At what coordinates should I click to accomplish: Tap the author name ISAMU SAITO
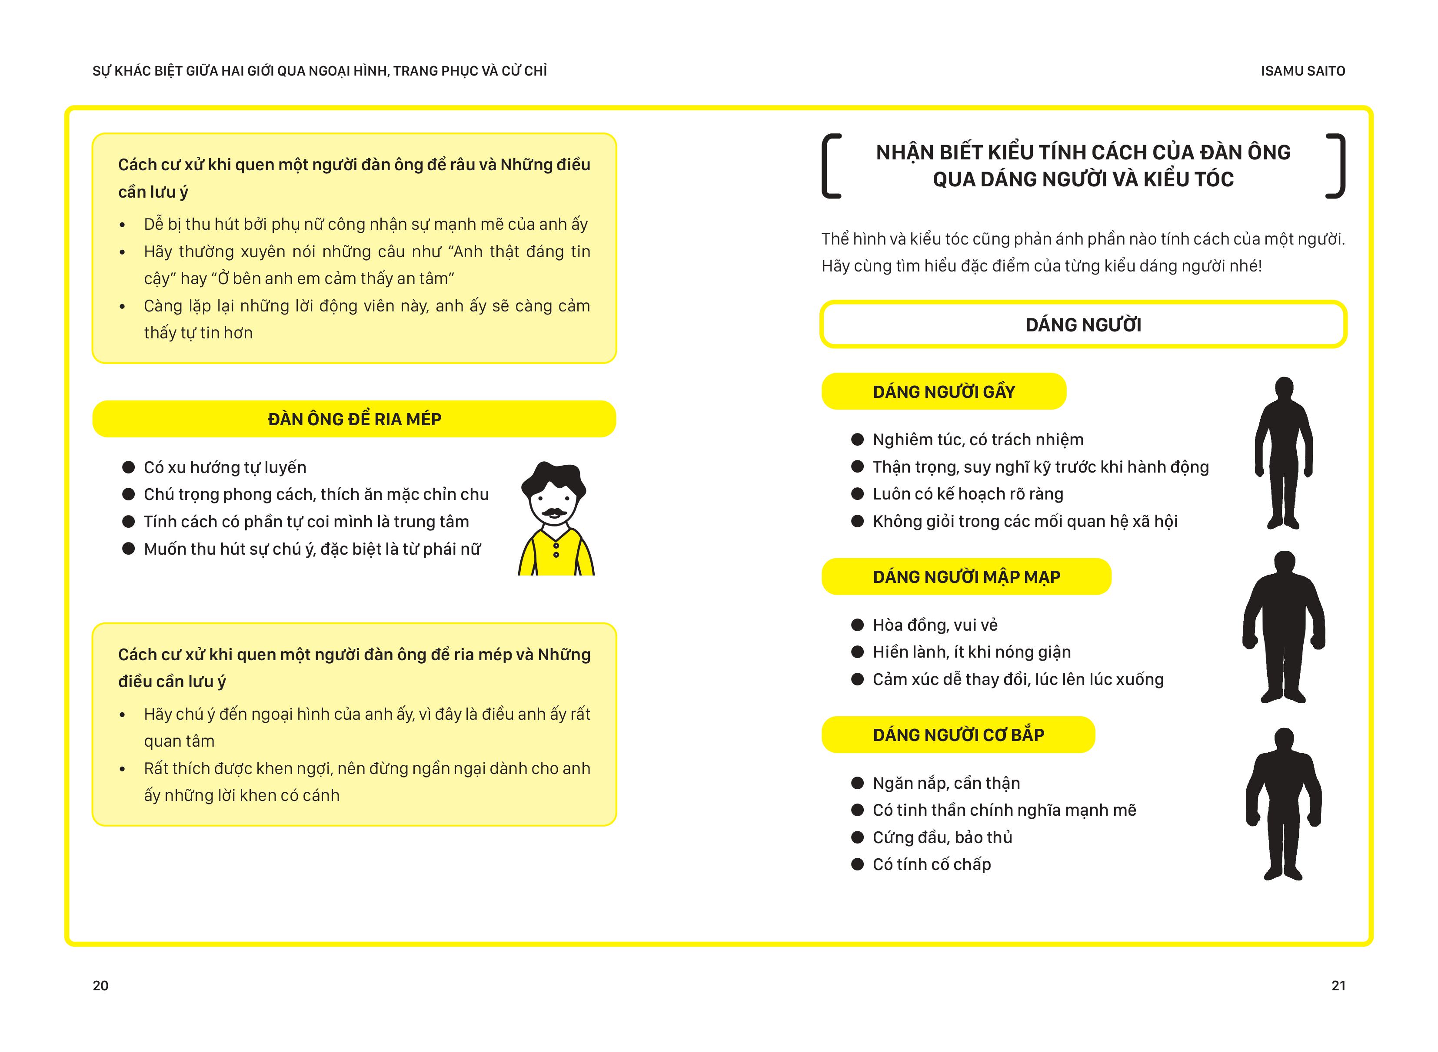click(1302, 71)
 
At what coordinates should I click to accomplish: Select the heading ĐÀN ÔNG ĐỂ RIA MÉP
click(354, 419)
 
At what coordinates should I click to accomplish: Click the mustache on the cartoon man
click(554, 512)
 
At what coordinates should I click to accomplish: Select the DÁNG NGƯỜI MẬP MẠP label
click(966, 577)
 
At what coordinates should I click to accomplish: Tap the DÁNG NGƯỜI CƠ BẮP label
click(958, 735)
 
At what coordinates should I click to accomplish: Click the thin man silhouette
click(1283, 452)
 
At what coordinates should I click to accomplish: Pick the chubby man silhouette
click(1284, 627)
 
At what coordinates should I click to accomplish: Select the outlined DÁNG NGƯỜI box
click(1083, 325)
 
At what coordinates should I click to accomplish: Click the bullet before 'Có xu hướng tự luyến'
click(129, 467)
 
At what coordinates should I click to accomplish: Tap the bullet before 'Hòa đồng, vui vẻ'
click(858, 625)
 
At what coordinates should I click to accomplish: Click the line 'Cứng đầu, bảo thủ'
click(942, 837)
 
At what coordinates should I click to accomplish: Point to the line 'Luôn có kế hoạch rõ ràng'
click(967, 494)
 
